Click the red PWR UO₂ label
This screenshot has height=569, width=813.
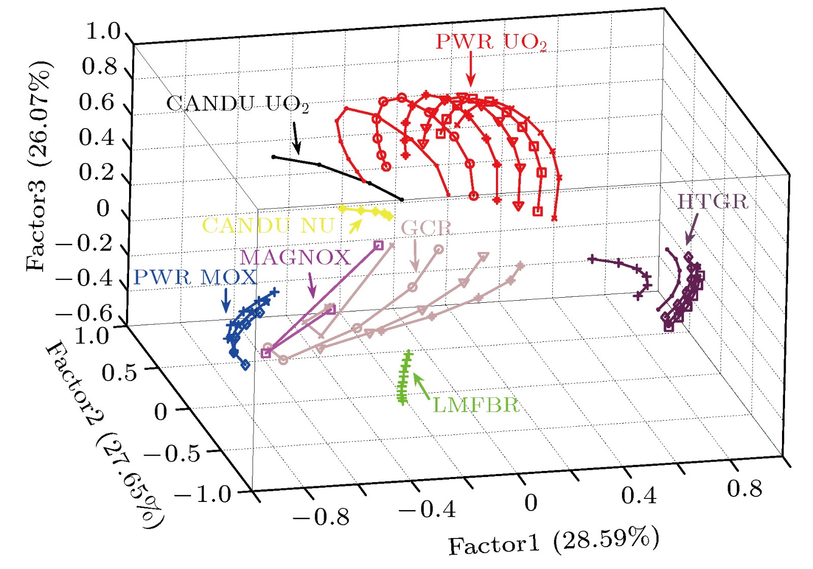click(x=491, y=42)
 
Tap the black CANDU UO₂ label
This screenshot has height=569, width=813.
click(x=237, y=104)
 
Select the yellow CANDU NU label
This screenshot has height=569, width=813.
click(x=268, y=226)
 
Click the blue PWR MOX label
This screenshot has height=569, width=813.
click(x=195, y=277)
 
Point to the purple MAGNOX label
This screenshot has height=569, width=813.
click(x=295, y=258)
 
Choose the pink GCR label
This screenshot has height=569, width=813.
click(x=427, y=228)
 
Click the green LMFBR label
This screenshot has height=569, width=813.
click(x=476, y=405)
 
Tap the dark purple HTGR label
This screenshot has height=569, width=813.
click(x=713, y=202)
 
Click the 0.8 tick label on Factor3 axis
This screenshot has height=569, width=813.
click(x=99, y=67)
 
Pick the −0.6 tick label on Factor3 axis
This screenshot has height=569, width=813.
click(x=84, y=313)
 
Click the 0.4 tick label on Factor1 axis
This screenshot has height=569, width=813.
click(x=639, y=495)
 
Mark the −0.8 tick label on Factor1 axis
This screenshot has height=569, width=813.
click(x=321, y=517)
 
